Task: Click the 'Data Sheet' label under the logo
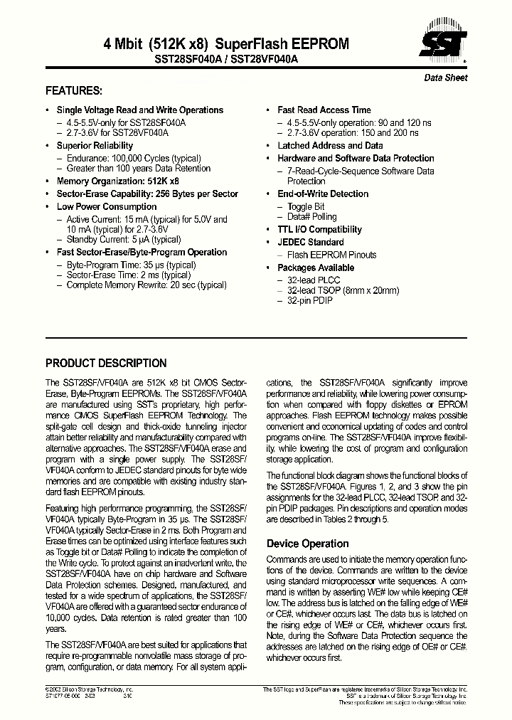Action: pyautogui.click(x=446, y=78)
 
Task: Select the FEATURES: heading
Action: pyautogui.click(x=74, y=91)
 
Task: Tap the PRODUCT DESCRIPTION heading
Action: pyautogui.click(x=106, y=363)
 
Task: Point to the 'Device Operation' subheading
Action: pyautogui.click(x=307, y=544)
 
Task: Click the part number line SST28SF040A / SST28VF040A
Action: pyautogui.click(x=221, y=60)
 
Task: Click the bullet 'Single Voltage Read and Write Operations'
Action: pyautogui.click(x=139, y=110)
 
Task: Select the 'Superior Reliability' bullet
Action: pyautogui.click(x=95, y=146)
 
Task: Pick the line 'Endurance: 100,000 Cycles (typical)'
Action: pyautogui.click(x=133, y=159)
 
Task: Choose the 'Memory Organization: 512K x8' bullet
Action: pyautogui.click(x=117, y=181)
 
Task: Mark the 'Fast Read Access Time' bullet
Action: pyautogui.click(x=324, y=110)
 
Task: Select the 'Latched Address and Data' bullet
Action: pyautogui.click(x=330, y=146)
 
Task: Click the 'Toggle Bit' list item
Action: pyautogui.click(x=306, y=207)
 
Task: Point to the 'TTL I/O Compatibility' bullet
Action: pyautogui.click(x=319, y=230)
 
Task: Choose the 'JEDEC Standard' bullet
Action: pyautogui.click(x=310, y=243)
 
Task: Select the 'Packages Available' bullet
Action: pyautogui.click(x=315, y=268)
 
